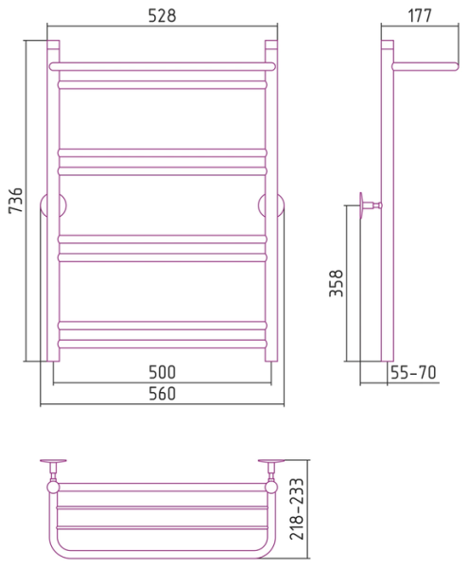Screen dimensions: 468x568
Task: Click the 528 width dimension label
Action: pyautogui.click(x=162, y=15)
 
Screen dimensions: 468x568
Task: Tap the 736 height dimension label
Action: pyautogui.click(x=16, y=201)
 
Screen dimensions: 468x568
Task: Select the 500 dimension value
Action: pyautogui.click(x=162, y=372)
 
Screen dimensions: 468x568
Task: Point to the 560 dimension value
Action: pyautogui.click(x=162, y=394)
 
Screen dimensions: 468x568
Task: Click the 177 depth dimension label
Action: pyautogui.click(x=420, y=15)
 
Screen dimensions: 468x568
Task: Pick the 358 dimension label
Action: pyautogui.click(x=336, y=283)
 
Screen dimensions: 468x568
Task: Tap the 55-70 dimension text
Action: pyautogui.click(x=413, y=372)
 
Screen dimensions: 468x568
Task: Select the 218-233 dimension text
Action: pyautogui.click(x=297, y=508)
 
